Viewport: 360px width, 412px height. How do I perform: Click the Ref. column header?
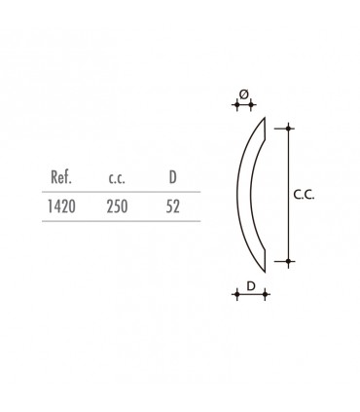[61, 177]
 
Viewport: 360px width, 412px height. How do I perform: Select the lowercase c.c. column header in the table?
[117, 178]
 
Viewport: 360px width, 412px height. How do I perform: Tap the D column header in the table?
[173, 177]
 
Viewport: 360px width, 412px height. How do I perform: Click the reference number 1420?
[61, 206]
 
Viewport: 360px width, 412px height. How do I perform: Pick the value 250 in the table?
[117, 206]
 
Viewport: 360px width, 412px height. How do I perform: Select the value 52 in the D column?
[172, 206]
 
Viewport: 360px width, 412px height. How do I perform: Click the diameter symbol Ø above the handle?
[244, 94]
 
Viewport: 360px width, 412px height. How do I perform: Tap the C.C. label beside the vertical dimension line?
[304, 195]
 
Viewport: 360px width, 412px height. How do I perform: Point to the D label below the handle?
[251, 286]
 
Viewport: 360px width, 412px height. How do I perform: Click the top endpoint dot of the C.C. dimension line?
[289, 129]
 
